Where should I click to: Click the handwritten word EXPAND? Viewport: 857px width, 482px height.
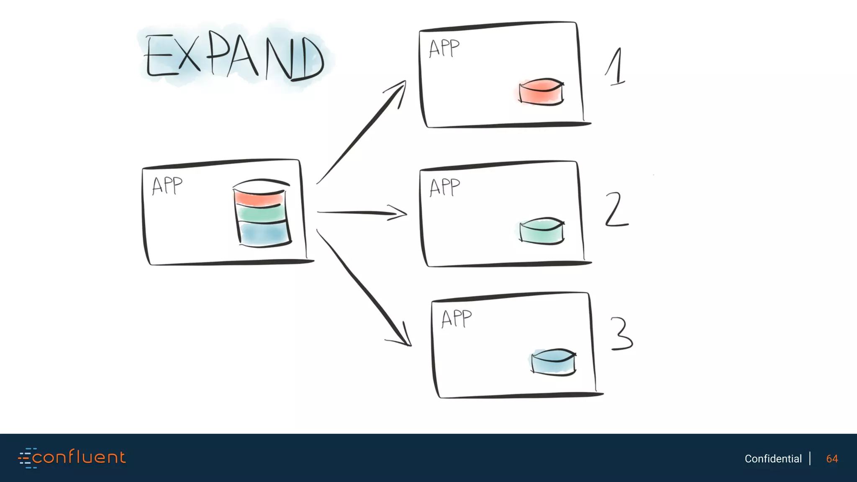pos(234,57)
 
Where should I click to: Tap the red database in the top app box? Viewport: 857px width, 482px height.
pos(541,92)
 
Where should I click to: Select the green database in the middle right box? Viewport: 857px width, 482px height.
pos(542,231)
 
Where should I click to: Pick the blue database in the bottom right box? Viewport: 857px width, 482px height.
pos(553,362)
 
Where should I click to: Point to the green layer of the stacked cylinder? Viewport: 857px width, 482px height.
pos(261,214)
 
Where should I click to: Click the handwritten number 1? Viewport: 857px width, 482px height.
pos(616,67)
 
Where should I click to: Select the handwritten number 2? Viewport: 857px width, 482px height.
pos(616,209)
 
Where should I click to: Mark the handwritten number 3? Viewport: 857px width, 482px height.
pos(622,333)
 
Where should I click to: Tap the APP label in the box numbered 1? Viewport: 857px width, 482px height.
pos(444,49)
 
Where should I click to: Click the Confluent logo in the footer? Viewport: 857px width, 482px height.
pos(72,458)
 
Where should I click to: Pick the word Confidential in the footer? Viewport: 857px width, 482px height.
pos(773,459)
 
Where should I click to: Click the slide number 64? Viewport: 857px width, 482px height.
pos(832,459)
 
